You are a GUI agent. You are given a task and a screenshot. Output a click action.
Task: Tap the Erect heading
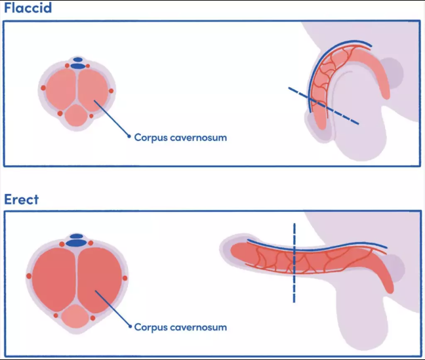(22, 199)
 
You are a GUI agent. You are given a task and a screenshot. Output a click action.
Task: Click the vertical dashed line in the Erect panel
(294, 262)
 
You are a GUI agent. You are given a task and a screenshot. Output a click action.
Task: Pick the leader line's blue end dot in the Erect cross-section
(129, 326)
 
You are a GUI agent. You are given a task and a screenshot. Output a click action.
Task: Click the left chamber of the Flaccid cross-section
(62, 89)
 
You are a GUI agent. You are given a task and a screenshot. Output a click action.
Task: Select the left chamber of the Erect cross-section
(54, 275)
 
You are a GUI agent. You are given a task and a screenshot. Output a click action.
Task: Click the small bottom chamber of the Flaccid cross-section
(77, 116)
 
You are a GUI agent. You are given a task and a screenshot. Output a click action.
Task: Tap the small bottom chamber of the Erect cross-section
(77, 317)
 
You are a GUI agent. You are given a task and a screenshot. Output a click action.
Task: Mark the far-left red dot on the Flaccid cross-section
(43, 88)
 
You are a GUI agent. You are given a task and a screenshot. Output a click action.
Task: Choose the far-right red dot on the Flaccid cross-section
(111, 90)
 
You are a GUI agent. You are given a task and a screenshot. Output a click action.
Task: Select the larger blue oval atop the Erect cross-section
(77, 243)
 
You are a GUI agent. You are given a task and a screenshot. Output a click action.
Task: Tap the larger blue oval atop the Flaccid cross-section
(79, 66)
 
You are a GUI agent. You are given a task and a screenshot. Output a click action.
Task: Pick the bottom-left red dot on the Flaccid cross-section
(60, 113)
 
